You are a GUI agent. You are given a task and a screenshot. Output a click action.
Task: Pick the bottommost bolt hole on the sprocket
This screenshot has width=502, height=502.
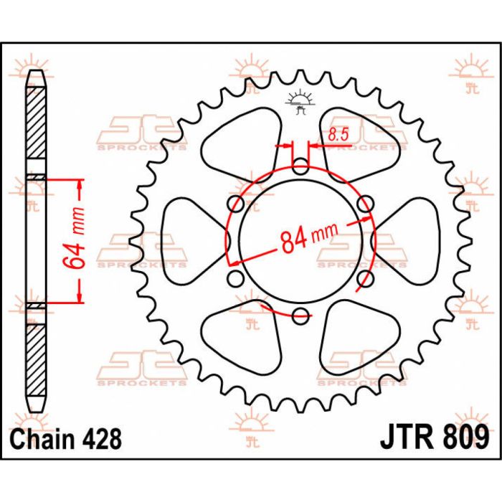[x=300, y=313]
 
